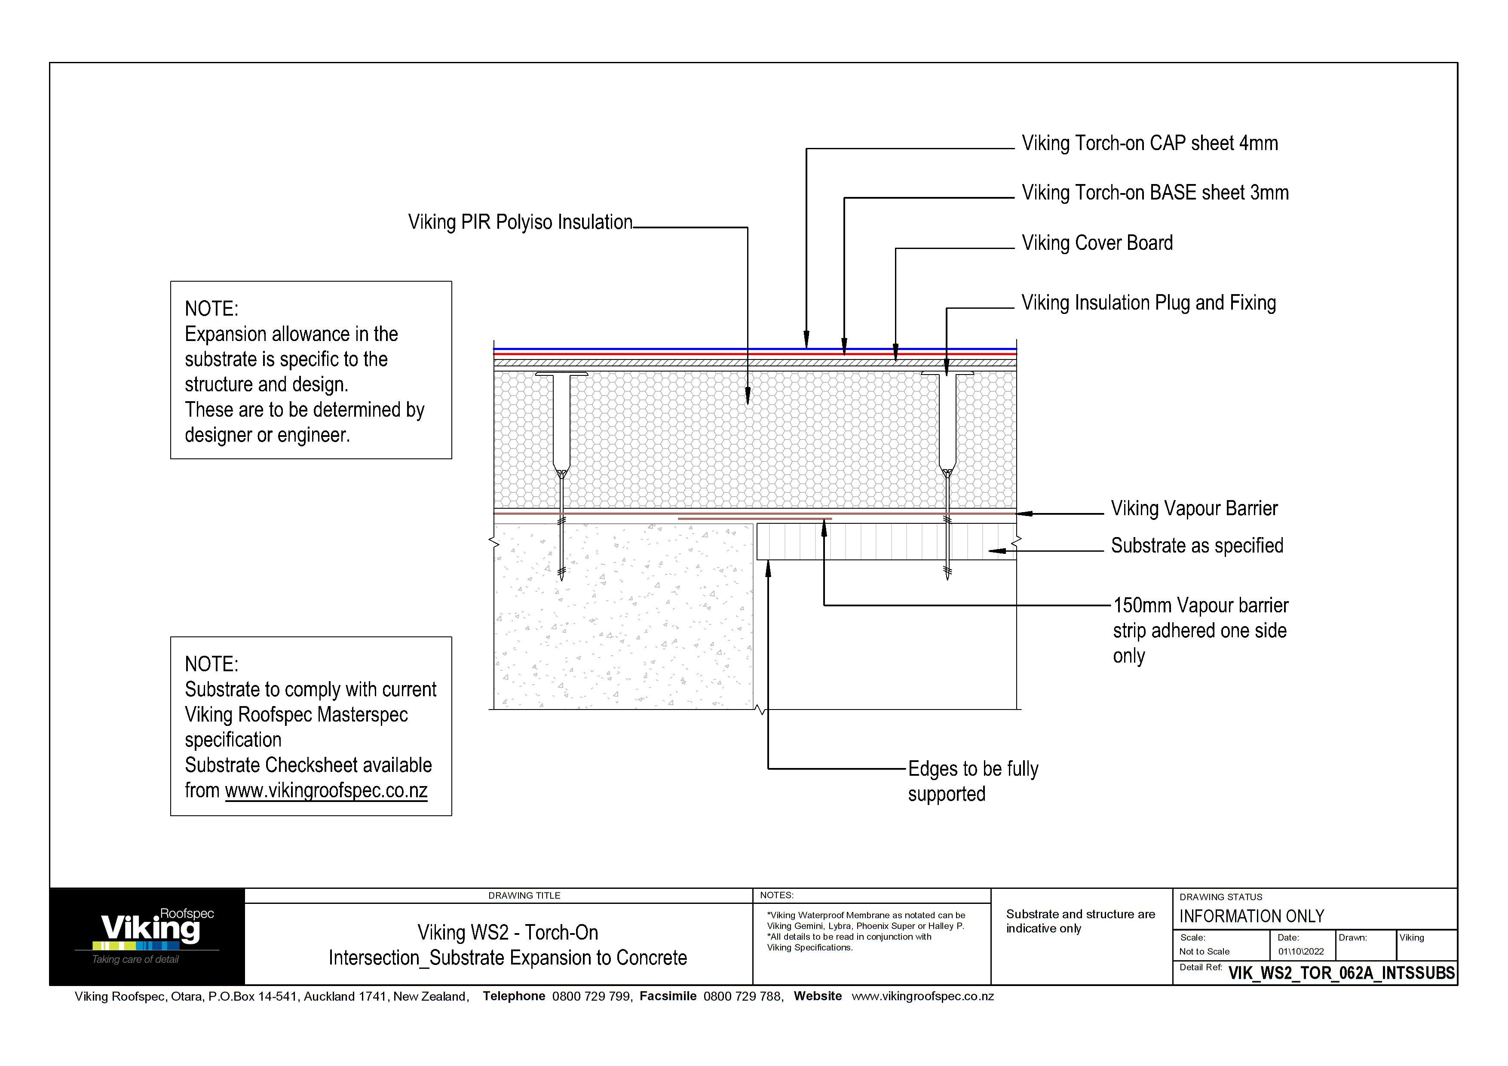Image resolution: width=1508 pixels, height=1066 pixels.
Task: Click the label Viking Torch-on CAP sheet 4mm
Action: point(1149,143)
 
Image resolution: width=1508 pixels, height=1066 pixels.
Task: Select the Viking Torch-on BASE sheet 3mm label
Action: point(1155,193)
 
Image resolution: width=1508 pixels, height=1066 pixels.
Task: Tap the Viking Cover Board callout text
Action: point(1097,243)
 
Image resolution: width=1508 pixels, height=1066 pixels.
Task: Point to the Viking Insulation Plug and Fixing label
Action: point(1148,303)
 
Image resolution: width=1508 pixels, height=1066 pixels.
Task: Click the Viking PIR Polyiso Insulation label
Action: point(520,222)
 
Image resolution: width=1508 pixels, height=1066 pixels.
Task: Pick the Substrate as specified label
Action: point(1197,546)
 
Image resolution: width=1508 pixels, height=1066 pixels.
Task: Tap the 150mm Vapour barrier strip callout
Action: point(1199,630)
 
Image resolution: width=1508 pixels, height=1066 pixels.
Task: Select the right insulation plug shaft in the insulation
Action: point(947,421)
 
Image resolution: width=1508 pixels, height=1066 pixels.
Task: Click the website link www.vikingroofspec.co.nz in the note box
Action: point(326,790)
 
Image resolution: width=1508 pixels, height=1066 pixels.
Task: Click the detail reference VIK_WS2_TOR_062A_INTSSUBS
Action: point(1341,973)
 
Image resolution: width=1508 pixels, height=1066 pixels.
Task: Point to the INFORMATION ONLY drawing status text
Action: point(1251,916)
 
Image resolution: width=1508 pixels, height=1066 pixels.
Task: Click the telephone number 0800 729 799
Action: point(591,996)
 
